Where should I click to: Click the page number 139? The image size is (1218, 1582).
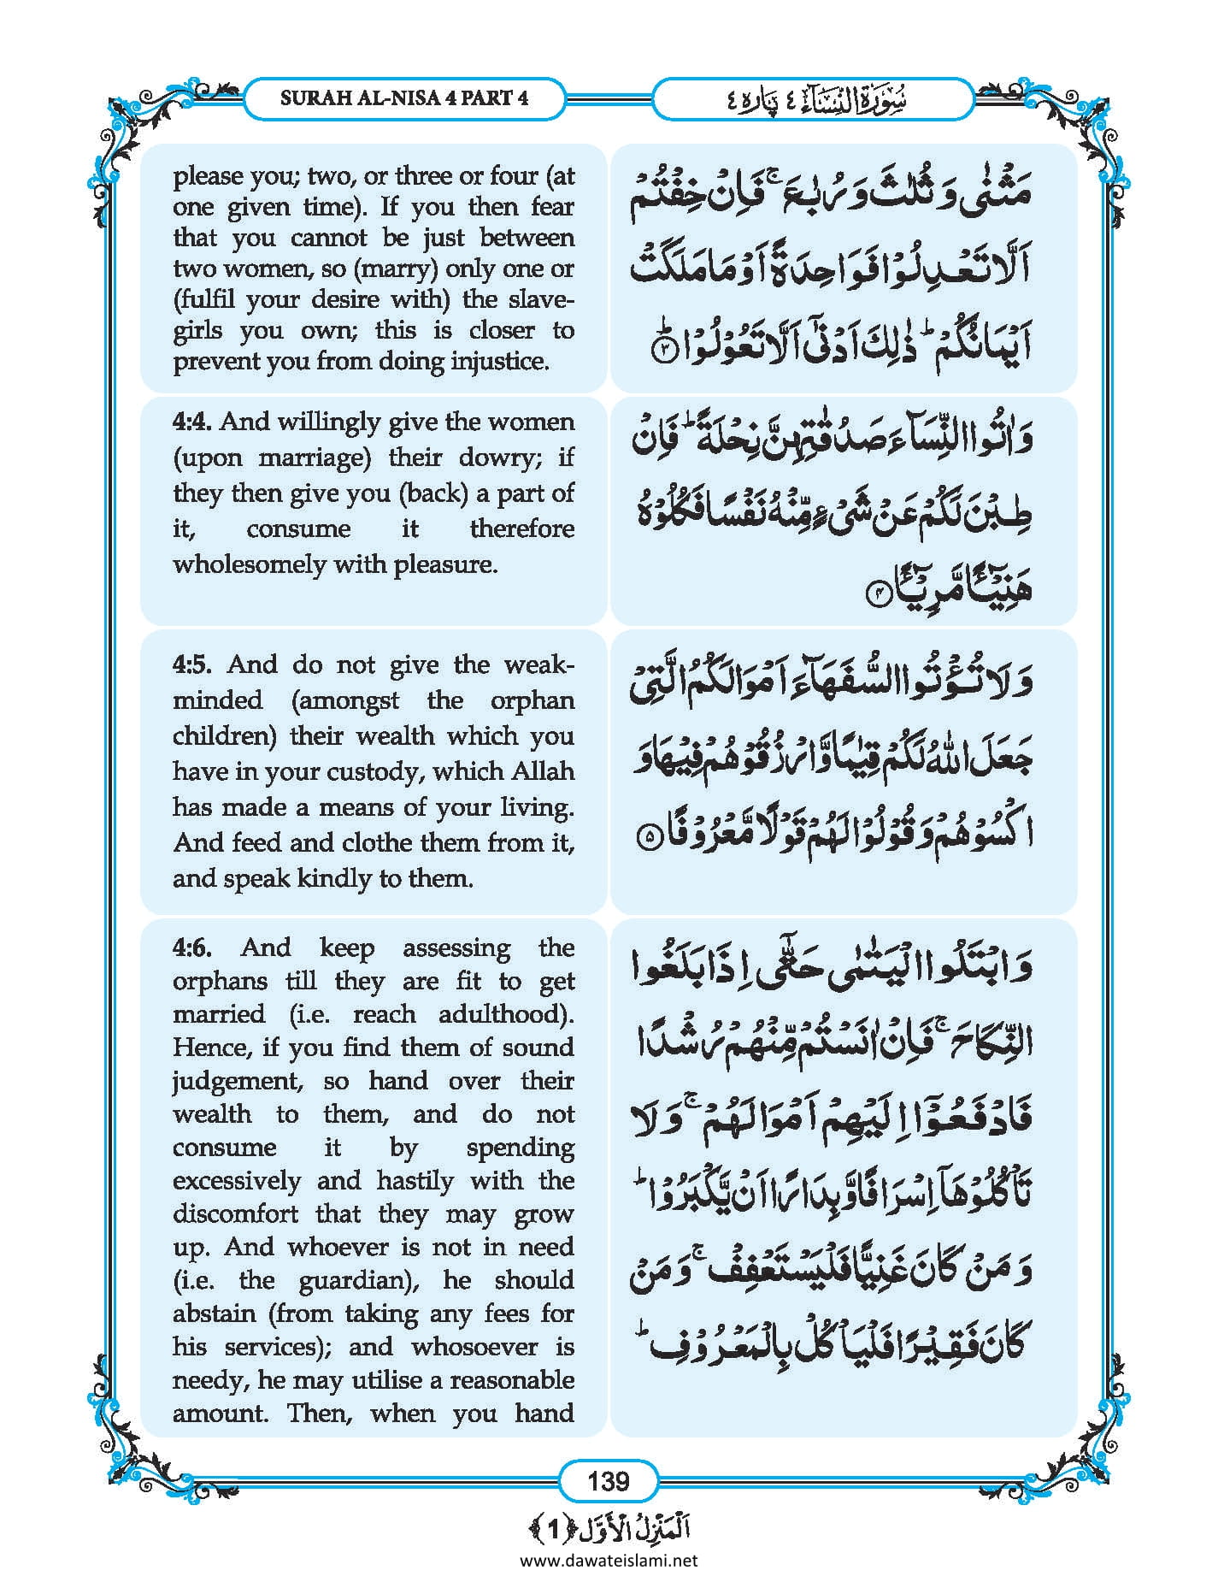click(608, 1480)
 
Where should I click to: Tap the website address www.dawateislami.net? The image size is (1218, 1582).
click(609, 1560)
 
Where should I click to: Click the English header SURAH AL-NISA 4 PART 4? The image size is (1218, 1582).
click(404, 97)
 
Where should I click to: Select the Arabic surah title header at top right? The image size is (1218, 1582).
click(813, 99)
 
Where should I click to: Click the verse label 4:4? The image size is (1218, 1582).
click(192, 422)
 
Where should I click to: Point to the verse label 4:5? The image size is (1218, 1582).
click(192, 664)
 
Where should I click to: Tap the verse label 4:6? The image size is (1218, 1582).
click(192, 947)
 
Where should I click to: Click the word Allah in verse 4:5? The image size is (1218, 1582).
click(543, 771)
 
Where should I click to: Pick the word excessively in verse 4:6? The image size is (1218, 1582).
click(237, 1181)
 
